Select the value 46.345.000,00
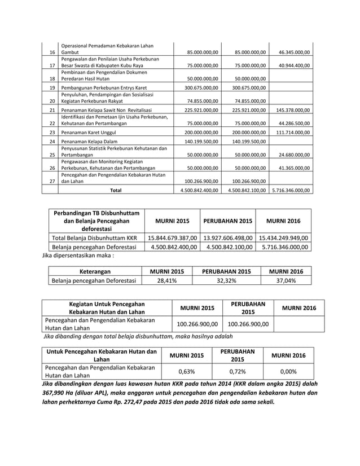point(293,52)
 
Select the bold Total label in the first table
point(116,190)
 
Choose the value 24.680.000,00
point(293,153)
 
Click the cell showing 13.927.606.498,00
point(227,239)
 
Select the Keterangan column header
point(93,271)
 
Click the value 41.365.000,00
point(293,168)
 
